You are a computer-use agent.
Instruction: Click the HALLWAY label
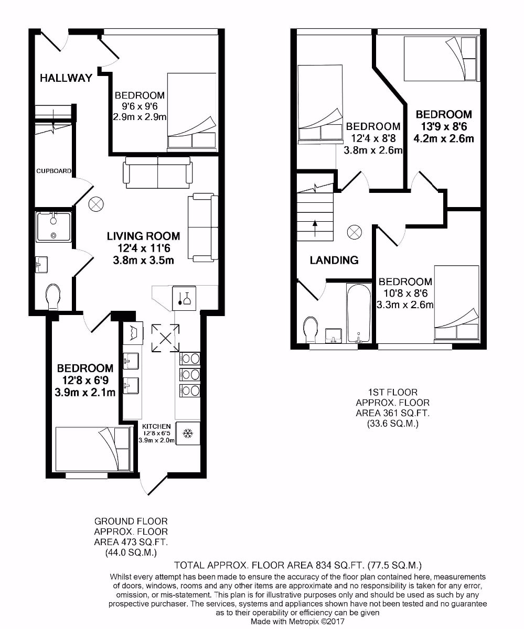(x=66, y=78)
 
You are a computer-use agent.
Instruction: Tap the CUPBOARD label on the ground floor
(x=54, y=171)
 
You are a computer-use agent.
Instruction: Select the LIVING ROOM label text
(x=143, y=236)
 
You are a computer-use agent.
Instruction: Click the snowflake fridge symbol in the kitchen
(x=188, y=433)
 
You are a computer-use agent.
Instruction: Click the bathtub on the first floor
(x=359, y=312)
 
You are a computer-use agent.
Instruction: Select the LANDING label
(x=334, y=260)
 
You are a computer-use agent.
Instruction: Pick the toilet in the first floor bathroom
(x=311, y=329)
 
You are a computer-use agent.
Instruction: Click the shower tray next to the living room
(x=54, y=226)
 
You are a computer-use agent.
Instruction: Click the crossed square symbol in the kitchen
(x=165, y=338)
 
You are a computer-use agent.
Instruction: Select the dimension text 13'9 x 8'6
(x=444, y=127)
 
